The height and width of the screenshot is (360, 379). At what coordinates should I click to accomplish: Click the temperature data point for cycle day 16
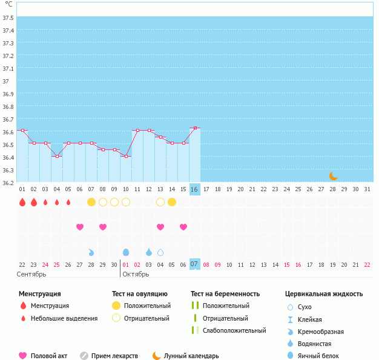(194, 128)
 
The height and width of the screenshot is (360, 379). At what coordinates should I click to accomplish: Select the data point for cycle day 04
(57, 156)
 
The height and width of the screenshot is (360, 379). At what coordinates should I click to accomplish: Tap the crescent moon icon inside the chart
(334, 175)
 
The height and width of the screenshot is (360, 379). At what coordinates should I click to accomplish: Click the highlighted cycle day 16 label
(194, 189)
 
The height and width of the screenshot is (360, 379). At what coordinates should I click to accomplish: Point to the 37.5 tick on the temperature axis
(8, 18)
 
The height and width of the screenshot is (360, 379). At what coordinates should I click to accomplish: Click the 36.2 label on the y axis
(8, 183)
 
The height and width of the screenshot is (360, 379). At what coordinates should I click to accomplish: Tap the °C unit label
(8, 4)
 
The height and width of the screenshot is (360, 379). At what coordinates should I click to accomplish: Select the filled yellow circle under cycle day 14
(172, 201)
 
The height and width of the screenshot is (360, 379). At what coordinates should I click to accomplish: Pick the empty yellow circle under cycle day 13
(160, 201)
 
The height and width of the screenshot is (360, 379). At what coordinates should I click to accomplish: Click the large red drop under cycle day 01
(22, 202)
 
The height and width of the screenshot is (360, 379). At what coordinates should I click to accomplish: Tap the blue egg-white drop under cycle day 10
(126, 252)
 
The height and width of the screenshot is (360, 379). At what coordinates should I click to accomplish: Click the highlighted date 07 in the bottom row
(194, 264)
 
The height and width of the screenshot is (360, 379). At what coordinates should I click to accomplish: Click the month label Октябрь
(136, 274)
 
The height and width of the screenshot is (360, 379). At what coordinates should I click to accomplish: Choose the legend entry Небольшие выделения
(64, 318)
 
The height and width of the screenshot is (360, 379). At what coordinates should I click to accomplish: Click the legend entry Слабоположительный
(234, 330)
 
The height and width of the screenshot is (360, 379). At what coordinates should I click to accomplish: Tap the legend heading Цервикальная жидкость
(324, 294)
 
